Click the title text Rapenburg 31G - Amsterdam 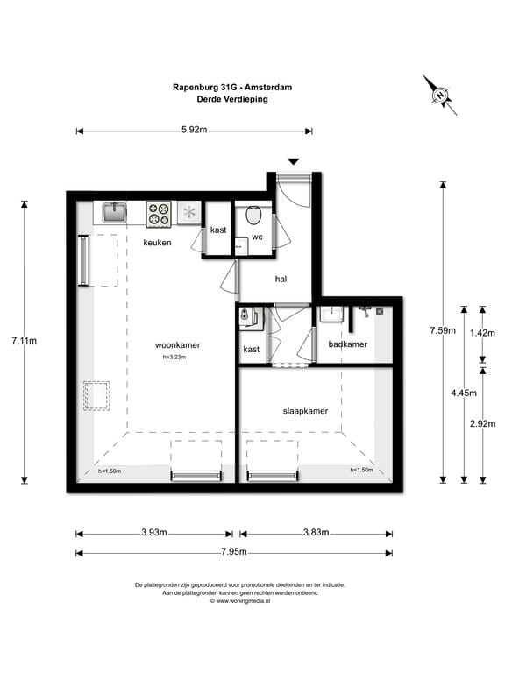pos(232,87)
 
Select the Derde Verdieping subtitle pos(232,99)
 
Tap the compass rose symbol pos(439,94)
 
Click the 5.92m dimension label pos(194,131)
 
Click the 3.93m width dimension pos(154,533)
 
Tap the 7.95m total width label pos(232,552)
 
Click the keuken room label pos(158,243)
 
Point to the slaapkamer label pos(305,410)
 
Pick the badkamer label pos(347,344)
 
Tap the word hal pos(281,280)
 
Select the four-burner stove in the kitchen pos(159,213)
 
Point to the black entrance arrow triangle pos(294,161)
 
